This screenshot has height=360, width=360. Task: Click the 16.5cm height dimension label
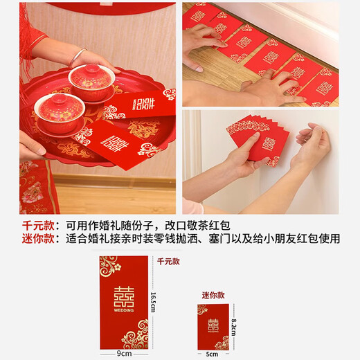click(x=154, y=302)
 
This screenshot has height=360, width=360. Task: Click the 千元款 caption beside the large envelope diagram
click(x=168, y=262)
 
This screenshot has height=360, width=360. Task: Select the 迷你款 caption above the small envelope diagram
click(x=213, y=295)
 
